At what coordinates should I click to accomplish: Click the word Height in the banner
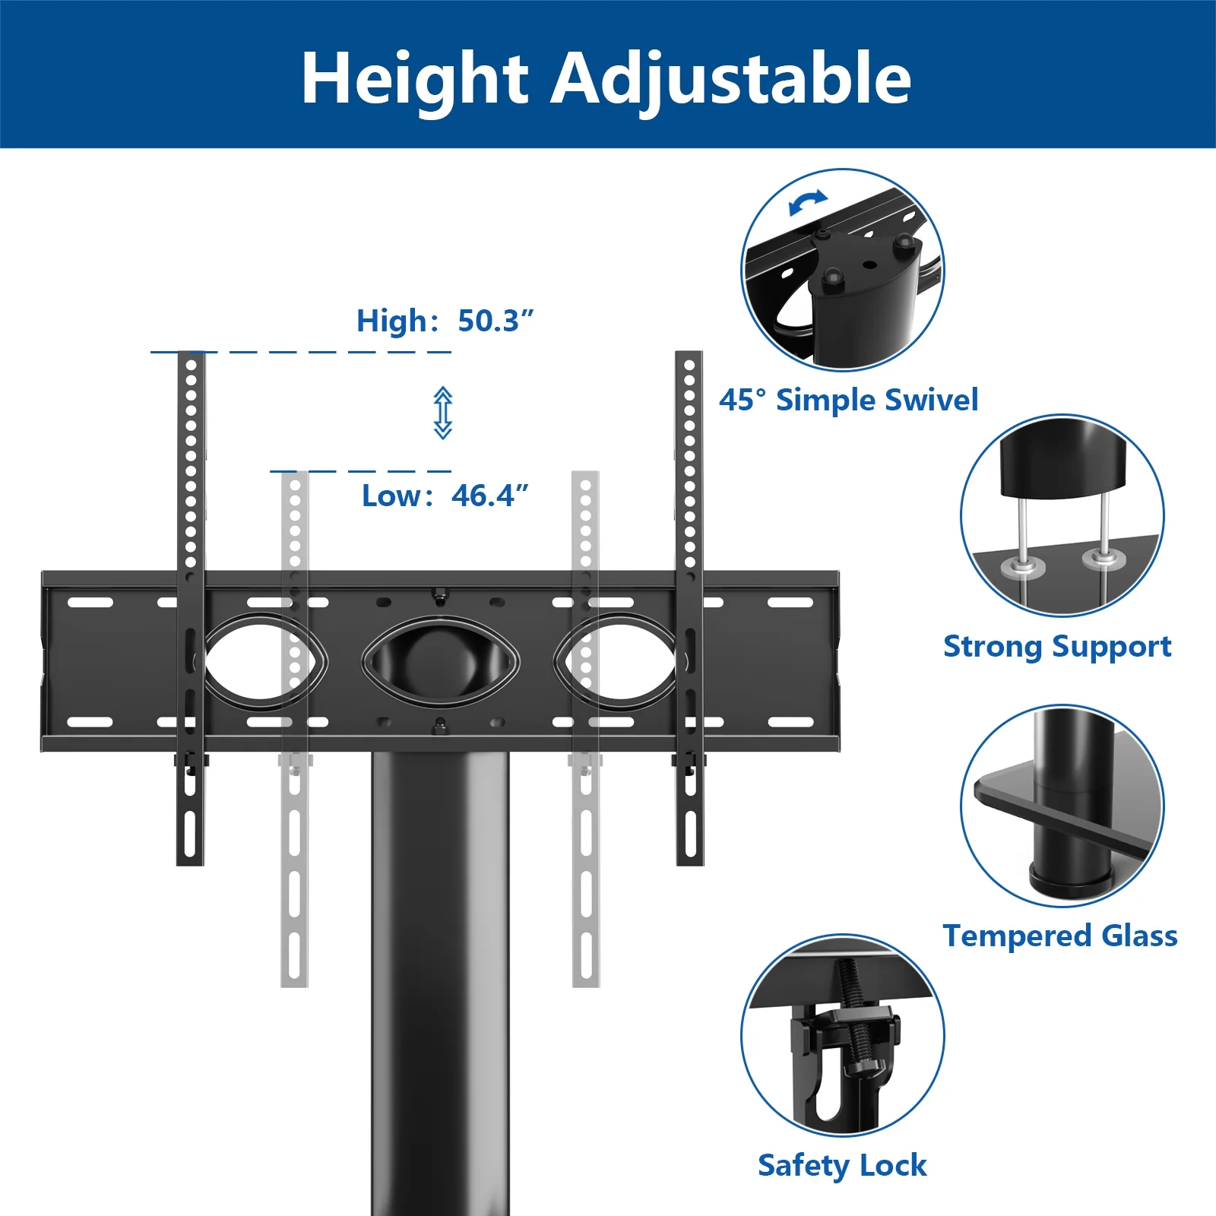[415, 80]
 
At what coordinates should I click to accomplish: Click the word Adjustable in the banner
[730, 80]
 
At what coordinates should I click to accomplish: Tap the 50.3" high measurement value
[496, 320]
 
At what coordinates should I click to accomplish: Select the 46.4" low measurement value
[489, 495]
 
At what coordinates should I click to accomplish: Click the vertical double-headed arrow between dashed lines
[443, 413]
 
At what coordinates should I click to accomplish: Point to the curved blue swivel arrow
[807, 203]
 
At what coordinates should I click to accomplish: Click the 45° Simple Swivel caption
[848, 400]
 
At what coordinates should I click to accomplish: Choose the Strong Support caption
[1057, 647]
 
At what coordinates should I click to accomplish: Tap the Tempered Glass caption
[1060, 936]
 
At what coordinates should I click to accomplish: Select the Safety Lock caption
[842, 1165]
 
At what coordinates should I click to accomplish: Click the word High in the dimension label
[392, 321]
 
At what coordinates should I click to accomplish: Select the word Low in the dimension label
[391, 496]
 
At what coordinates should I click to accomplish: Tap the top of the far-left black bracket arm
[191, 354]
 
